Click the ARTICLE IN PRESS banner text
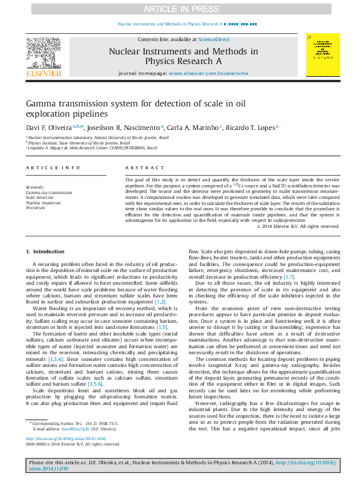click(x=180, y=9)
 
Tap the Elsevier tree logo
click(x=44, y=54)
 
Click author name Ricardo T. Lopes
click(x=251, y=128)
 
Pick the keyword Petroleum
click(x=36, y=207)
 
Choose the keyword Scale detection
click(x=40, y=198)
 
